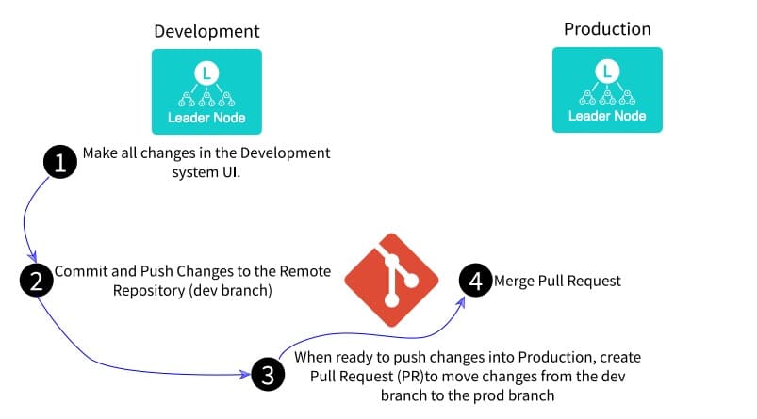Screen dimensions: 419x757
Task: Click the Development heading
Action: point(206,32)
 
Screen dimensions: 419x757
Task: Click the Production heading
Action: point(606,29)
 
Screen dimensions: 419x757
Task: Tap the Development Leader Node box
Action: point(206,91)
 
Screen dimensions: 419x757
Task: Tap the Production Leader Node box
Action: point(607,89)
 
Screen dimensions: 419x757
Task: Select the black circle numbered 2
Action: point(36,279)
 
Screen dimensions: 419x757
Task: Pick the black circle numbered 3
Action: point(268,375)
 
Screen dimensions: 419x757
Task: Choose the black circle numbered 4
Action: point(475,281)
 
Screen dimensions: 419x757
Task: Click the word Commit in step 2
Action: point(79,271)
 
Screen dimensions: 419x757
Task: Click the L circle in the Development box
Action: point(206,71)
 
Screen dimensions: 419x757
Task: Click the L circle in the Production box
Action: point(607,69)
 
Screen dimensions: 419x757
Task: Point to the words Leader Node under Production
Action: point(607,116)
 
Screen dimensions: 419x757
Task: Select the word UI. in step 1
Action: point(230,172)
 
